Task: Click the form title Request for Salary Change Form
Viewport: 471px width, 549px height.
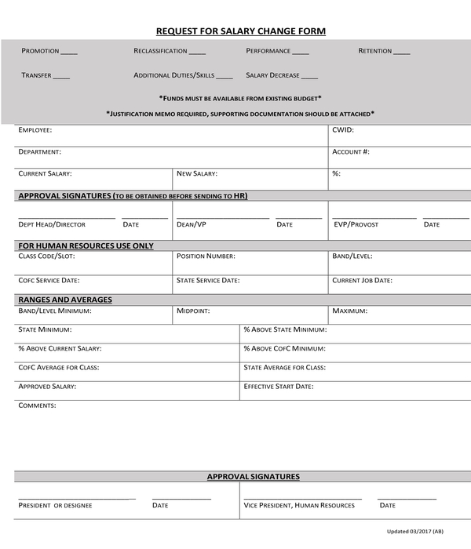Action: tap(240, 31)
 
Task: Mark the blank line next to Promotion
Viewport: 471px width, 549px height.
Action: tap(69, 53)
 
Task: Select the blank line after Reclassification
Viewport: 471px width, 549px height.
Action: tap(197, 53)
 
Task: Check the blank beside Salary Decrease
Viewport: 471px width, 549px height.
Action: tap(309, 78)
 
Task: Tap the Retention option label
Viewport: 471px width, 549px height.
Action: tap(375, 51)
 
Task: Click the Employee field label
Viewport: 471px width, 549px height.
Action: tap(35, 130)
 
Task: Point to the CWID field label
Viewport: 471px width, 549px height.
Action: tap(343, 130)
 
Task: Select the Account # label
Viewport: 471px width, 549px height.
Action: tap(351, 151)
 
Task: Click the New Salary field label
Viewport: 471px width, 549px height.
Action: tap(197, 173)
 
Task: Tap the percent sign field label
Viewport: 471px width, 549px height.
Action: tap(336, 173)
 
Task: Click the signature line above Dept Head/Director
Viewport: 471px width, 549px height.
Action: tap(67, 217)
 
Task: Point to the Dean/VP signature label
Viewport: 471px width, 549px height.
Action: tap(192, 224)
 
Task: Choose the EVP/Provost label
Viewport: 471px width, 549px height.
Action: tap(356, 224)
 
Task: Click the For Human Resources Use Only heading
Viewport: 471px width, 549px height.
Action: tap(86, 245)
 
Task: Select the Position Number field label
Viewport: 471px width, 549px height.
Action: tap(206, 256)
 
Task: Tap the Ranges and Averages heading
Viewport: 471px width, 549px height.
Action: tap(65, 300)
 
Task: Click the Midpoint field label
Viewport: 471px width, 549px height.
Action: tap(193, 311)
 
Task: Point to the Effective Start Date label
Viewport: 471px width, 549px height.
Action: tap(279, 386)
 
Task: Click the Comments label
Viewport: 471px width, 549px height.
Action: tap(37, 405)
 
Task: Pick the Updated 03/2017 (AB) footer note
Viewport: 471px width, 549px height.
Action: tap(420, 531)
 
